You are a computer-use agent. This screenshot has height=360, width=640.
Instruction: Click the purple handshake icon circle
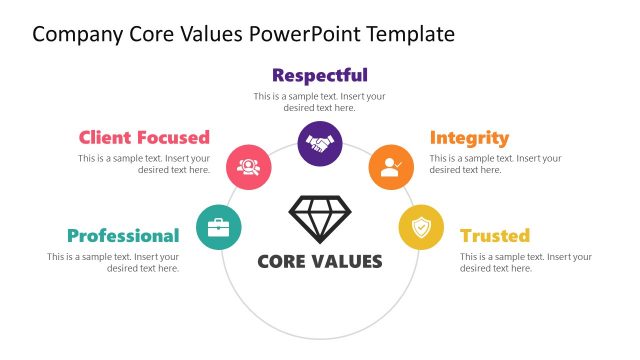coord(320,144)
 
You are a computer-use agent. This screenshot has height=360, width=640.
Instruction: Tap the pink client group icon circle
coord(249,166)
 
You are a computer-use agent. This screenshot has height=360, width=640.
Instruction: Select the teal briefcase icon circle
coord(218,227)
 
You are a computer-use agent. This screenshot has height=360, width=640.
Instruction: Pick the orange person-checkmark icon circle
coord(391,166)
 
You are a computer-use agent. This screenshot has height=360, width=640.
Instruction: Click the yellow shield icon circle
coord(421,227)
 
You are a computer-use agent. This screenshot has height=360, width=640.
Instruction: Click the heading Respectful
coord(320,75)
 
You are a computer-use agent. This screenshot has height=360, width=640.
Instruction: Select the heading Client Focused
coord(144,137)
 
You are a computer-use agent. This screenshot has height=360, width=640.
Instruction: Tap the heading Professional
coord(123,236)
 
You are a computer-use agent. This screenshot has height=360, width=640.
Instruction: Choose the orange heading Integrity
coord(469,137)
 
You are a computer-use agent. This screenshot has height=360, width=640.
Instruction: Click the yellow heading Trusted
coord(494,236)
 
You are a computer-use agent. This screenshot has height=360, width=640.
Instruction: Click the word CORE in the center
coord(284,262)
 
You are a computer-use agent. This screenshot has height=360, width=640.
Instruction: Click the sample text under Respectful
coord(320,102)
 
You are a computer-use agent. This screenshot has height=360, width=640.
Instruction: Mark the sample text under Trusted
coord(526,263)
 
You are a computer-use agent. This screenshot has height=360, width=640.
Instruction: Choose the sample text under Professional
coord(113,263)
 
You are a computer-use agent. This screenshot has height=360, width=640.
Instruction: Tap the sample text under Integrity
coord(496,164)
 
